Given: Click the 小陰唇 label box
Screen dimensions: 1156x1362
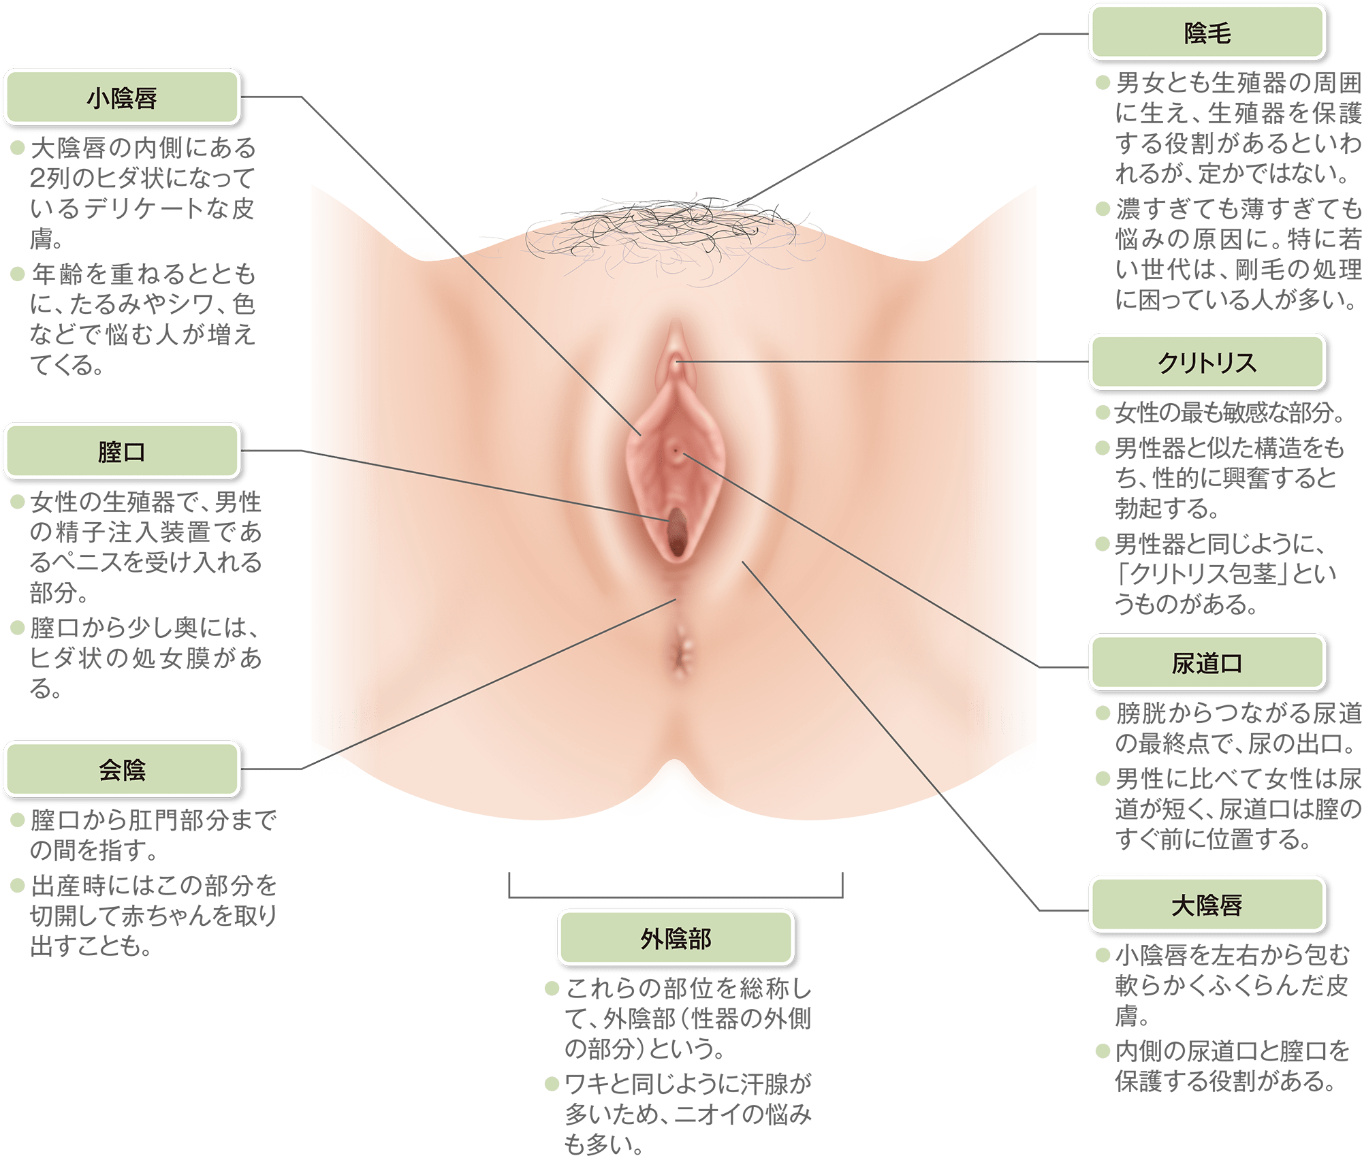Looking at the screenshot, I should tap(122, 97).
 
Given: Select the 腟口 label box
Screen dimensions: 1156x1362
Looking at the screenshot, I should tap(122, 451).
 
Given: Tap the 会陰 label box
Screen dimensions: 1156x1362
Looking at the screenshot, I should tap(122, 770).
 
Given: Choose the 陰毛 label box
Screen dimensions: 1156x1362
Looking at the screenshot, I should tap(1207, 33).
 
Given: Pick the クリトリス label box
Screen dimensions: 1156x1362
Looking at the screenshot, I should tap(1207, 362).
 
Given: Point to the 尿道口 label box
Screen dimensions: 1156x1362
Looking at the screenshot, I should tap(1207, 663).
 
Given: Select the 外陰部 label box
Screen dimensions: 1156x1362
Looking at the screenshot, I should tap(676, 939).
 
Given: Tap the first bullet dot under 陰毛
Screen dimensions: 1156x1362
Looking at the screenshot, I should tap(1103, 84).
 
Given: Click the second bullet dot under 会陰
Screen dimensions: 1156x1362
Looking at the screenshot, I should tap(18, 885).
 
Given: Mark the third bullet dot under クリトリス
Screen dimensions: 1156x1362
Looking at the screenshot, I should tap(1103, 543).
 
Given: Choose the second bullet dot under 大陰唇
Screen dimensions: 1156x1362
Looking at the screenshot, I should tap(1103, 1052).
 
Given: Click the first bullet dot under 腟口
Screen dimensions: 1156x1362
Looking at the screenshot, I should tap(18, 502).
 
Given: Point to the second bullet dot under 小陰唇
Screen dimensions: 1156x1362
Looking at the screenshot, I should tap(18, 274).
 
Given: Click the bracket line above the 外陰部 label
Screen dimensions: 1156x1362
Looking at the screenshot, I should tap(676, 894).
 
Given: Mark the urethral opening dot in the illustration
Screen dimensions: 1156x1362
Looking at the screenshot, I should tap(675, 450).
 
